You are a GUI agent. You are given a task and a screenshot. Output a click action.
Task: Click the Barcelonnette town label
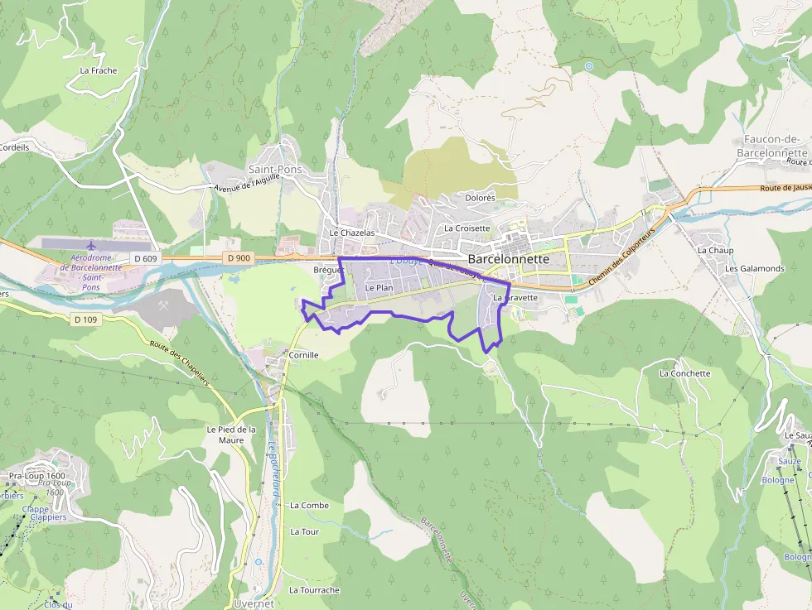click(509, 259)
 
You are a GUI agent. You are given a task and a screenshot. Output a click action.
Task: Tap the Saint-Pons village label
click(276, 169)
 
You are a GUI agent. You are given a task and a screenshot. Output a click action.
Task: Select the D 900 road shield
click(238, 258)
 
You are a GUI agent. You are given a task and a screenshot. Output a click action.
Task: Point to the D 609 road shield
click(145, 259)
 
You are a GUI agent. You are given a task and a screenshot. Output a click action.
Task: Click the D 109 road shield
click(85, 319)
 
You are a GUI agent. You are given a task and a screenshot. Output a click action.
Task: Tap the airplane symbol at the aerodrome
click(90, 246)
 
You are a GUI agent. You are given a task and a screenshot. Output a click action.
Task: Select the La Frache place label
click(99, 70)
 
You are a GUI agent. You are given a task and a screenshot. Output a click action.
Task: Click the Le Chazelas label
click(352, 233)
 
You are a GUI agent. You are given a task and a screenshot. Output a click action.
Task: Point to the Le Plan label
click(379, 287)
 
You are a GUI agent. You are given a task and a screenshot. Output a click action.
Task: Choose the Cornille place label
click(304, 354)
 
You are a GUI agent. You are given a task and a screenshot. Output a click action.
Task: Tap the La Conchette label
click(684, 373)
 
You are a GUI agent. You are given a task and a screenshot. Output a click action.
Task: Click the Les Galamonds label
click(754, 268)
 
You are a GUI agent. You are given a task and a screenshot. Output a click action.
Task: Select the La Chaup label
click(715, 250)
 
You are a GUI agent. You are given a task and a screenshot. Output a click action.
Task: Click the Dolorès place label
click(480, 198)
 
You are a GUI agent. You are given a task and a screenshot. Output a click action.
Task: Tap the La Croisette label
click(467, 228)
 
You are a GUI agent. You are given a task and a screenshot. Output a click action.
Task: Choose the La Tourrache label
click(314, 590)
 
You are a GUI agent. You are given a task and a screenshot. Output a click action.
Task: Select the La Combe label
click(309, 505)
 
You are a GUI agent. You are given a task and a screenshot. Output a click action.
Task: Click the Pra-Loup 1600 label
click(37, 476)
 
